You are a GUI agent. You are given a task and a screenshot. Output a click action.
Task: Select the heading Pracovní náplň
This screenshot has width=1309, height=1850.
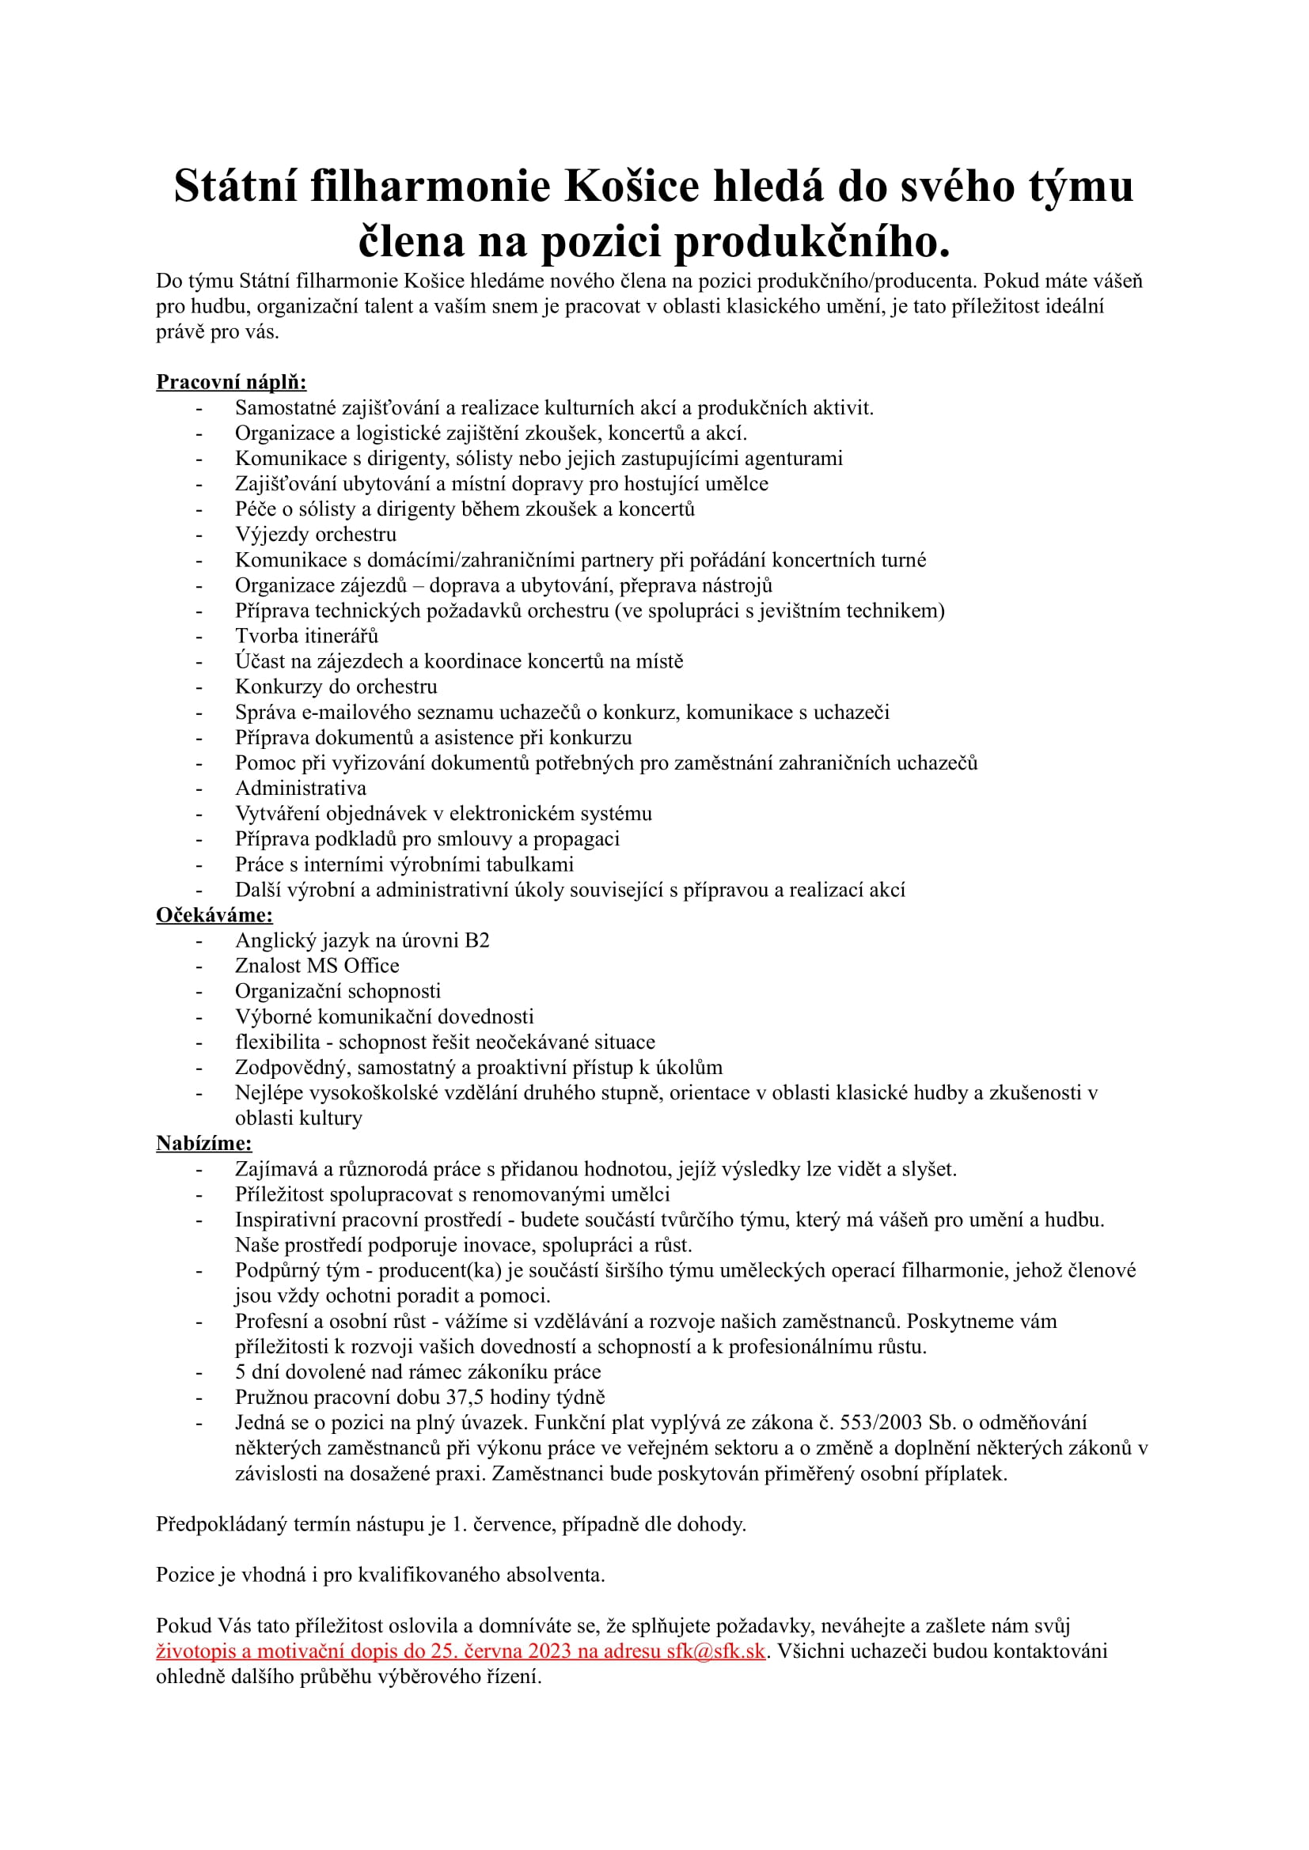coord(231,382)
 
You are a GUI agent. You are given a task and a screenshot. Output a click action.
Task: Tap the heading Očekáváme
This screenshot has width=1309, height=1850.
coord(214,914)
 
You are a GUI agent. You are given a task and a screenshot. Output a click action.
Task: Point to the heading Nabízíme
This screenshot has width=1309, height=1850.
coord(204,1143)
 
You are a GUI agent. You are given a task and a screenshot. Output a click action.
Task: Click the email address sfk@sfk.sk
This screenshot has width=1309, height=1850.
coord(715,1651)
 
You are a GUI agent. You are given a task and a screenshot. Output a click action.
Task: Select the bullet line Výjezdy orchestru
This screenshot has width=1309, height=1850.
coord(315,534)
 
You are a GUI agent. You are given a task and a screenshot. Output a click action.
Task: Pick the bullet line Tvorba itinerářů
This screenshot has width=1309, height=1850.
coord(306,636)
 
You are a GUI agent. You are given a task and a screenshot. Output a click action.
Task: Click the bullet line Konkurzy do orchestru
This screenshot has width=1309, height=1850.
coord(336,687)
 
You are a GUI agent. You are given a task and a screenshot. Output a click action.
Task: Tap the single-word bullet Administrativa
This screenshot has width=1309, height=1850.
coord(301,788)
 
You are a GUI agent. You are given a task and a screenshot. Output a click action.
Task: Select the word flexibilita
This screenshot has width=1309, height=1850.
coord(277,1042)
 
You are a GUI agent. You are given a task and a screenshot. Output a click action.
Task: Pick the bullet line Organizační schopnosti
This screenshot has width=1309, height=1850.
coord(338,991)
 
